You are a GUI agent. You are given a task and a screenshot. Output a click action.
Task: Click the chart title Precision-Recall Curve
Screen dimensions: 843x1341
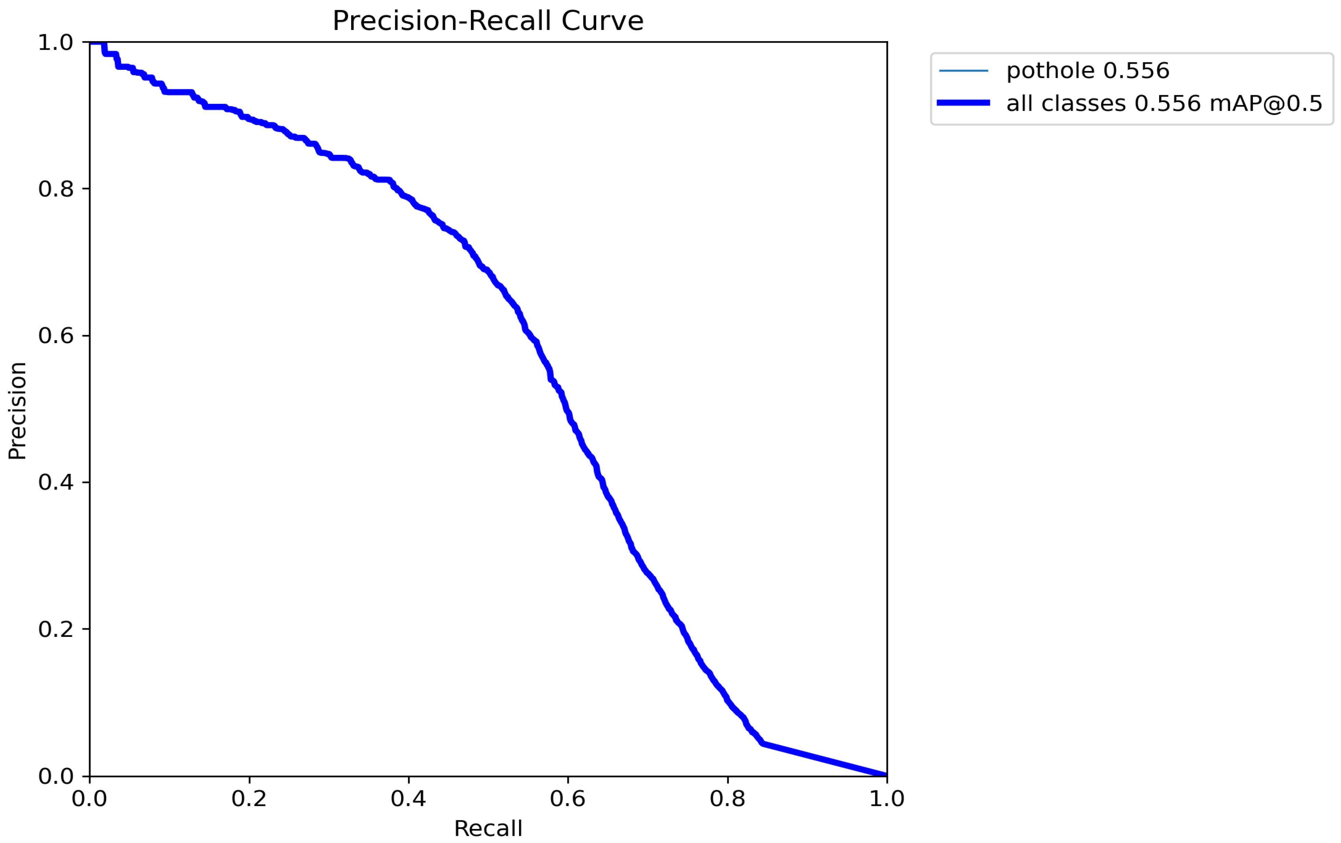(x=488, y=21)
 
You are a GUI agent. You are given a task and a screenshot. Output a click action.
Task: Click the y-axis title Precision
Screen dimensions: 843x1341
(x=17, y=410)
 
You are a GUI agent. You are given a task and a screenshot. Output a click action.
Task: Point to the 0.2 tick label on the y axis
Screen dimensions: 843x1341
(x=56, y=629)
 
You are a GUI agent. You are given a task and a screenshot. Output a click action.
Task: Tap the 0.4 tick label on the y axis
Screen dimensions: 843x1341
(x=56, y=482)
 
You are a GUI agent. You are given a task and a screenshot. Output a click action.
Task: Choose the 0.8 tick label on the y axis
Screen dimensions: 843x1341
(x=56, y=189)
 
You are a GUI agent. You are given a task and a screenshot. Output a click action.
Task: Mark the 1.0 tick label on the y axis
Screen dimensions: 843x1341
(x=56, y=42)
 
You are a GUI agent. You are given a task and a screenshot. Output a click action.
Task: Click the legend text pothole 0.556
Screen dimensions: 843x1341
(x=1088, y=71)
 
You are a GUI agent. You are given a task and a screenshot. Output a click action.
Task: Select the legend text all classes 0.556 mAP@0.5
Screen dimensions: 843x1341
(x=1164, y=103)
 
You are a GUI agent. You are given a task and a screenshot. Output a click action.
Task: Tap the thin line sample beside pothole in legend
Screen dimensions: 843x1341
(x=964, y=71)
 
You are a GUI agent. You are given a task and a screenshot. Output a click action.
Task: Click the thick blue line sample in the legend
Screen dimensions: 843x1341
(x=964, y=103)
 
